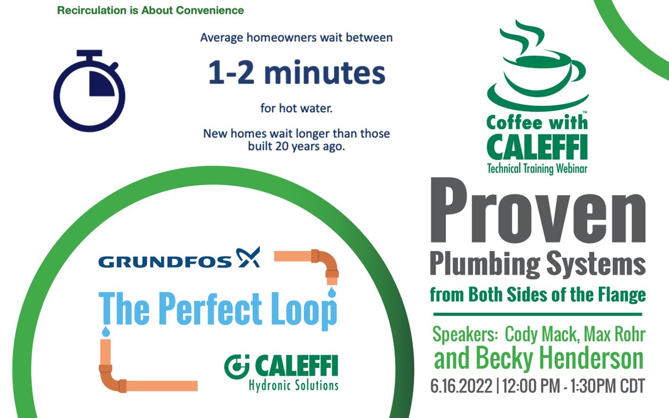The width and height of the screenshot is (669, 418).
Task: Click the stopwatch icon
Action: click(89, 92)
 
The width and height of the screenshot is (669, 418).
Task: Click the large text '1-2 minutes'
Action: click(297, 74)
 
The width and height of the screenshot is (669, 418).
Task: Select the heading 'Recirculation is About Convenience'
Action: click(151, 10)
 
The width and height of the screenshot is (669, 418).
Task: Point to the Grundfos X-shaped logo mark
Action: click(249, 257)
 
